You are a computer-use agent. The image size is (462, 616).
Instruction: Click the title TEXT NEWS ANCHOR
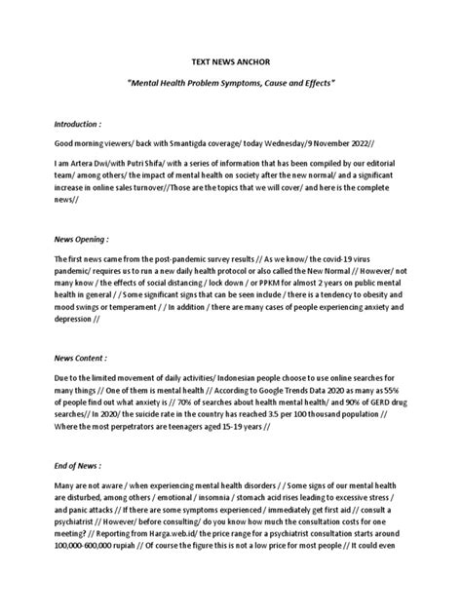[230, 59]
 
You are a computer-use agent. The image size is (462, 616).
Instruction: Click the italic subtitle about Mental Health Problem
[231, 85]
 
